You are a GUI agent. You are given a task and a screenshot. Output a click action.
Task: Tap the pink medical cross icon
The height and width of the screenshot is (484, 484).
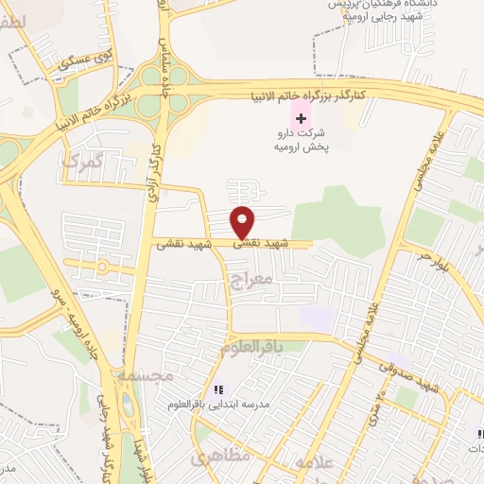[x=301, y=118]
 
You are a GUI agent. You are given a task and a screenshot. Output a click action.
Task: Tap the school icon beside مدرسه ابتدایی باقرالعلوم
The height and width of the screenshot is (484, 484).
[x=217, y=389]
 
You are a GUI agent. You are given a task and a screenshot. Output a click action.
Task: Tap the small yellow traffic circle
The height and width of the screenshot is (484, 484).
[x=100, y=268]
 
